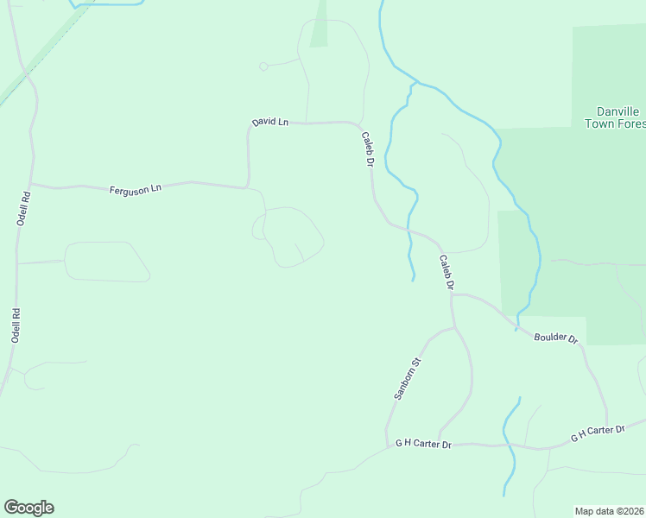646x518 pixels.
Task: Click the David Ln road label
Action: [x=269, y=123]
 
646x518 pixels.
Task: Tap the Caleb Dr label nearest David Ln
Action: [x=367, y=148]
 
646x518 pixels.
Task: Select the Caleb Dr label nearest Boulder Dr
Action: [x=446, y=272]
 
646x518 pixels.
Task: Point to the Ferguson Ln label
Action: [x=136, y=188]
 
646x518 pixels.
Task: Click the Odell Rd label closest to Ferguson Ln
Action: [x=23, y=208]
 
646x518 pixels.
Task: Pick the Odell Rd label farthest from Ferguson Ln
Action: [x=15, y=325]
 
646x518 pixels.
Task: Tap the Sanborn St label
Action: [x=406, y=377]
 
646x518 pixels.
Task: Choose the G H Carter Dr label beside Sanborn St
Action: [x=423, y=444]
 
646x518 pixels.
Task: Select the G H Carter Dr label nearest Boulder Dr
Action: [x=597, y=433]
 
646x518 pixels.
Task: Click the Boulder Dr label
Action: [x=555, y=338]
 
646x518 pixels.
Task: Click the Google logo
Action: [x=28, y=508]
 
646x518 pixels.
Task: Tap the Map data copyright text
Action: [x=610, y=511]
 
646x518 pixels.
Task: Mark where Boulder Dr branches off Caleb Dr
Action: [x=452, y=294]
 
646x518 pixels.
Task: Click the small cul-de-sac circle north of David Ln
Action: [x=263, y=66]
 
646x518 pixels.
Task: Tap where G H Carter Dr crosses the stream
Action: [x=510, y=446]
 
